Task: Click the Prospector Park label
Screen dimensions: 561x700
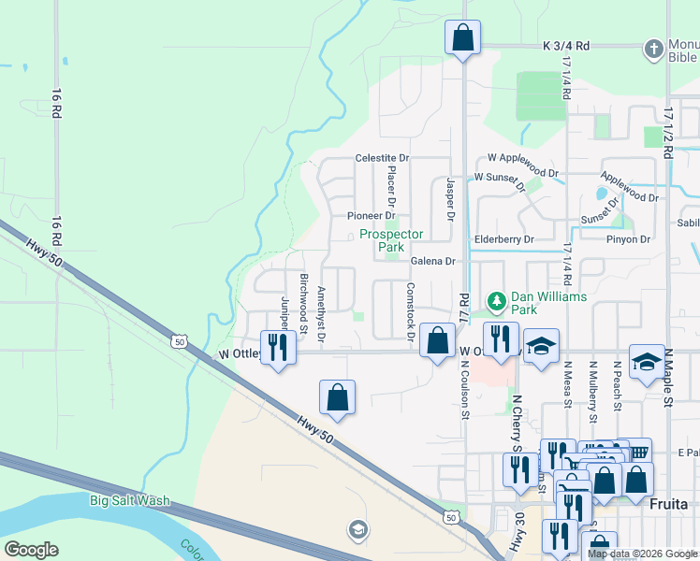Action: click(x=392, y=240)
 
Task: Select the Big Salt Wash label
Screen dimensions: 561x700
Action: click(x=130, y=500)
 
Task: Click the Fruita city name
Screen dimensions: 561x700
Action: click(x=668, y=503)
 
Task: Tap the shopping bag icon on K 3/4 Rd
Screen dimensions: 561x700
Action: click(x=462, y=38)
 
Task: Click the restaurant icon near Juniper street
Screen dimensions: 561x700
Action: click(x=277, y=347)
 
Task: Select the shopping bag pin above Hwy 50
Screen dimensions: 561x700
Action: click(x=338, y=397)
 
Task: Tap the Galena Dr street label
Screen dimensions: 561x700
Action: click(x=430, y=262)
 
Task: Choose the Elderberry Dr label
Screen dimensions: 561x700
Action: click(x=503, y=239)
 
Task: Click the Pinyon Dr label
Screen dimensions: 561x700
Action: click(x=628, y=239)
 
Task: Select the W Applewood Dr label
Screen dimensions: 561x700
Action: click(x=522, y=159)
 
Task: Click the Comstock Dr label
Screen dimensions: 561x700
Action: click(x=410, y=310)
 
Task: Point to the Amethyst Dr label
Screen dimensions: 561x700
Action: click(x=322, y=313)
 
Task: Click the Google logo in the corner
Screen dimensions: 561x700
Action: click(x=31, y=550)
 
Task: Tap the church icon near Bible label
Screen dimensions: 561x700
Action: click(x=652, y=48)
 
